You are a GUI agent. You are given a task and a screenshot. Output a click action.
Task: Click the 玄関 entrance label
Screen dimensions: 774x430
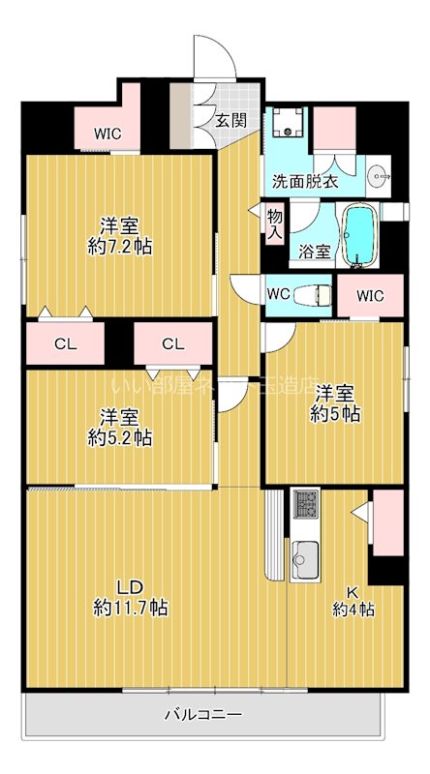coord(229,121)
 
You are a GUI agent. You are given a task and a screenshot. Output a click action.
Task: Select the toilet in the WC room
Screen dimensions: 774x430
coord(310,294)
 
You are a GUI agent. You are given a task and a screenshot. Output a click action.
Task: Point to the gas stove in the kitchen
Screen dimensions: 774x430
coord(306,504)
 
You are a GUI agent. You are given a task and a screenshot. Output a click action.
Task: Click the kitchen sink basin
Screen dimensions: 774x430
coord(307,559)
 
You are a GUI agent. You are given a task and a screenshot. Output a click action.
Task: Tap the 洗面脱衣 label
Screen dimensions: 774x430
coord(305,180)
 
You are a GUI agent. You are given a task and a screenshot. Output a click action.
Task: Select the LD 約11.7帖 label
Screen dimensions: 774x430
coord(131,597)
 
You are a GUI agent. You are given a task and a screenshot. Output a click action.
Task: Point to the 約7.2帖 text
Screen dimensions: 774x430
coord(119,246)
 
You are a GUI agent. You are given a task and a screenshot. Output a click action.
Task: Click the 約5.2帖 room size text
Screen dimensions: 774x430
coord(119,437)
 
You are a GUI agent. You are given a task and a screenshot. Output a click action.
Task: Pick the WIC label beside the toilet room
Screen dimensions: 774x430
coord(370,295)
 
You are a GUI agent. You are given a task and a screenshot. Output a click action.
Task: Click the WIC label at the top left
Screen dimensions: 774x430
coord(107,134)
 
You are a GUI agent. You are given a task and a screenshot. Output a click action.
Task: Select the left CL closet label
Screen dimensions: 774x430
coord(66,342)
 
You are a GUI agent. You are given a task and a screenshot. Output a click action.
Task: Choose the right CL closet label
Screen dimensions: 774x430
coord(172,342)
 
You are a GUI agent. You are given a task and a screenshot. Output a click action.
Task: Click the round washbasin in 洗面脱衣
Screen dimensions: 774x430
coord(379,176)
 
